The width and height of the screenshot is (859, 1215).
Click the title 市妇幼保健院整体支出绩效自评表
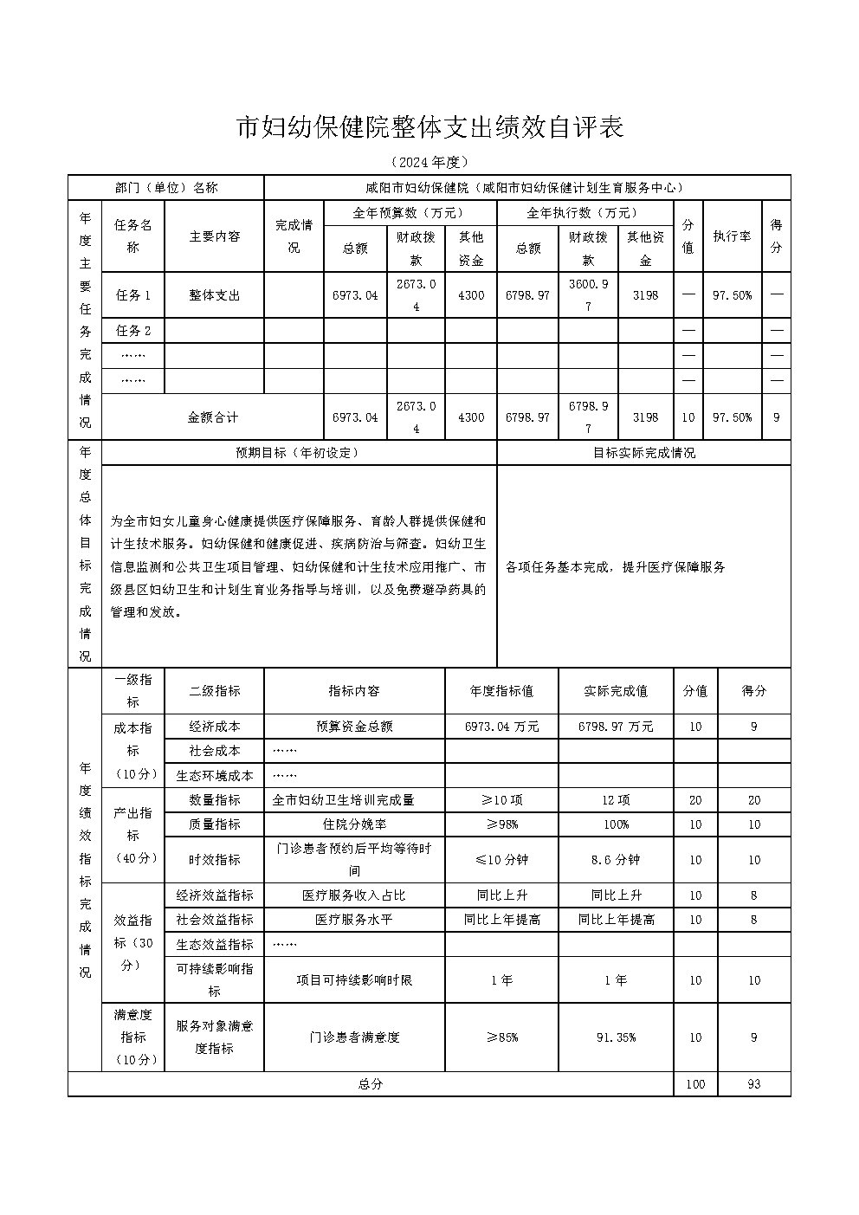(x=429, y=128)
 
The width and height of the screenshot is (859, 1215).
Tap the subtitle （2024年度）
(x=429, y=162)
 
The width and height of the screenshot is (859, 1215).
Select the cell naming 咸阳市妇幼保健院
(x=526, y=188)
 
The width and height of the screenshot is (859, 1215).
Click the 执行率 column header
(x=732, y=236)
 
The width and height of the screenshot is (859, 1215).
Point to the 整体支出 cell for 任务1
(x=214, y=295)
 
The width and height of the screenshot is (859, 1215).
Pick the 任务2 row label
(x=133, y=331)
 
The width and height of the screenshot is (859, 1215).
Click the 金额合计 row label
(x=212, y=417)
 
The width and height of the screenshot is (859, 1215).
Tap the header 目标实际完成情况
(x=643, y=453)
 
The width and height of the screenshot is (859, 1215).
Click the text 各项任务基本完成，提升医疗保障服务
(x=615, y=567)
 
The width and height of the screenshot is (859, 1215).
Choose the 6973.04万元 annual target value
(x=501, y=727)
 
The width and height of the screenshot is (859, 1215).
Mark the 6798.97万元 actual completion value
(x=616, y=727)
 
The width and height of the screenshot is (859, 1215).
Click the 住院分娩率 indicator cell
(x=354, y=824)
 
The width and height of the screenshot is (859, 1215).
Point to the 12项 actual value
(x=616, y=800)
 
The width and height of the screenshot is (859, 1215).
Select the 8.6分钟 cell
(x=616, y=860)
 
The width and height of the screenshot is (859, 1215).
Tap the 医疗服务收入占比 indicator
(x=354, y=895)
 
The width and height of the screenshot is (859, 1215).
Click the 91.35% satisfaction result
(x=616, y=1037)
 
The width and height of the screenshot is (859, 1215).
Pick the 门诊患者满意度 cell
(x=354, y=1037)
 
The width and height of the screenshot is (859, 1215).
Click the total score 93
(x=753, y=1084)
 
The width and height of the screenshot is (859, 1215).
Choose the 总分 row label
(x=370, y=1084)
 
